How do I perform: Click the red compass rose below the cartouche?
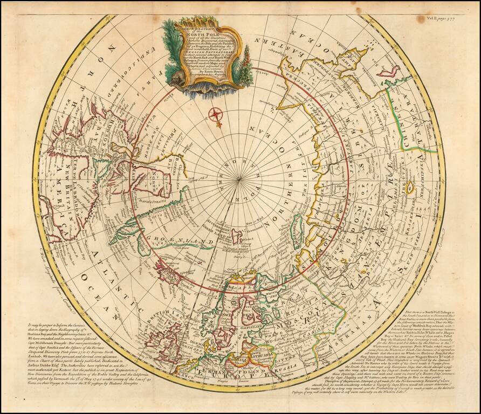pyautogui.click(x=216, y=114)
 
